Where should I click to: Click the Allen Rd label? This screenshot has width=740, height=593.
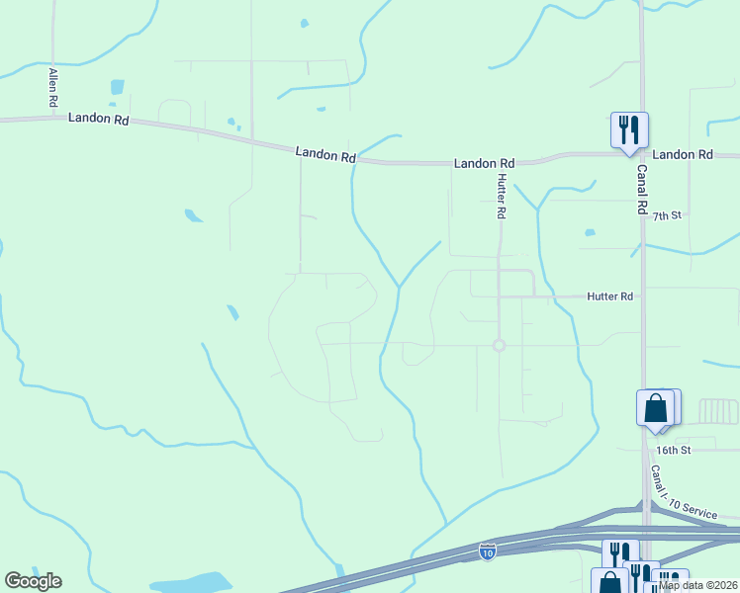53,88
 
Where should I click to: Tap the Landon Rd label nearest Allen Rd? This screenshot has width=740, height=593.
99,119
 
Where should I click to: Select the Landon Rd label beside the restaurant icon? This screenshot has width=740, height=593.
683,154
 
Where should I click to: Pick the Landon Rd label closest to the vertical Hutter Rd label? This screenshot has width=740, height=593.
484,163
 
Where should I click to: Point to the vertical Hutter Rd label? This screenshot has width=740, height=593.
502,196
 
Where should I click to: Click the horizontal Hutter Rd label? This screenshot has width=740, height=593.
609,296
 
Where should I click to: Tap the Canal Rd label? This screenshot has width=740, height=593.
641,191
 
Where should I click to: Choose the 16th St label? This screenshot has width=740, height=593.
672,450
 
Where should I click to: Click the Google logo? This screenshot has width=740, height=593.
33,581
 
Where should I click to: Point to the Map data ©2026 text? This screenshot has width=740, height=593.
698,585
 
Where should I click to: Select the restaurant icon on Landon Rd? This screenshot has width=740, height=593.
629,130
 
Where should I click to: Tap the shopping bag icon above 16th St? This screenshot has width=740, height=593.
655,408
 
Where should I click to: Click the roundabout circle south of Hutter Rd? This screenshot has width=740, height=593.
499,345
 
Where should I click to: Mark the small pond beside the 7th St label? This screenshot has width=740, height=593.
590,233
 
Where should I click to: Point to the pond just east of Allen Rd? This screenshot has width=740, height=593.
118,86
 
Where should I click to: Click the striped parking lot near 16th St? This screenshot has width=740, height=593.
718,411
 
